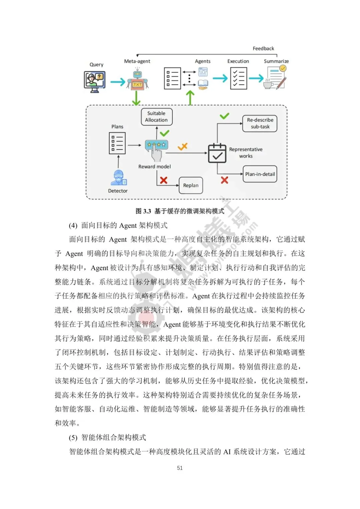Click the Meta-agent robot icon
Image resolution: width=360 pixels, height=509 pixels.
coord(137,79)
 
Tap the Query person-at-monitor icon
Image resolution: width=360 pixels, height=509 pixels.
coord(95,81)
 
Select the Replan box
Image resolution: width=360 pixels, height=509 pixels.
coord(191,185)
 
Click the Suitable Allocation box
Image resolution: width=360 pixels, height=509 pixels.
coord(156,117)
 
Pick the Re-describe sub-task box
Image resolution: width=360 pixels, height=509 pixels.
coord(260,123)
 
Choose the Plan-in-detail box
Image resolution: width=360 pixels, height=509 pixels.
coord(260,174)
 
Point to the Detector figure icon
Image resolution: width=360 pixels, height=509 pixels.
coord(119,178)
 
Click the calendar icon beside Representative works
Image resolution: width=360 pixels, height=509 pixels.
coord(217,153)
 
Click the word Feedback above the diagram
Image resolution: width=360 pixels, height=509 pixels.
coord(263,49)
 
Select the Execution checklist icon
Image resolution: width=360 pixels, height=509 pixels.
coord(239,78)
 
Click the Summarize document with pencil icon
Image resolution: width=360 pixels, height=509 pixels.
coord(276,78)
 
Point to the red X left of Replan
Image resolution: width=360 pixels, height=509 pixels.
coord(164,180)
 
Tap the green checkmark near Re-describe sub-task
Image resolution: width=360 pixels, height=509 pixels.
coord(224,116)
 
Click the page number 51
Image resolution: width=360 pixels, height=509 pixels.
coord(180,468)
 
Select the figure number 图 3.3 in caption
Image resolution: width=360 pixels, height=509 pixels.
coord(143,211)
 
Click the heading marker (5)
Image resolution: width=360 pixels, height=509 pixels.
coord(73,438)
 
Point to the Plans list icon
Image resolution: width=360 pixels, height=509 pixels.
coord(117,143)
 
